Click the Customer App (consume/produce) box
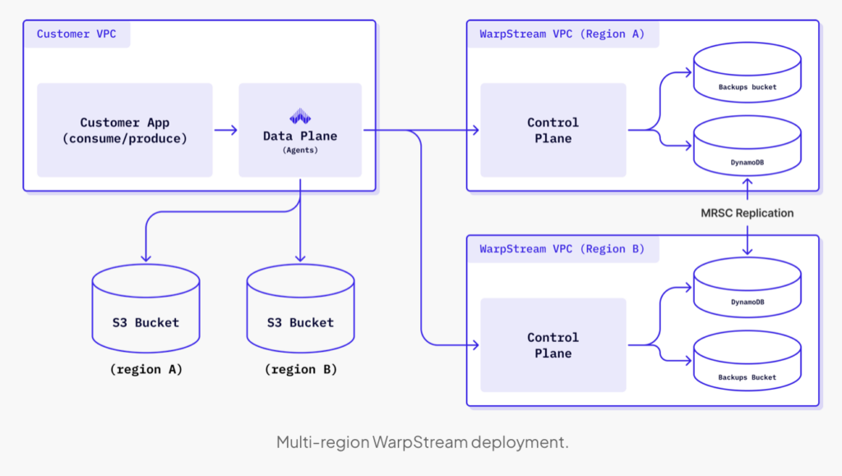[x=124, y=130]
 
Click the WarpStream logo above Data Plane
[x=300, y=117]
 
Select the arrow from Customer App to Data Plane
[x=225, y=130]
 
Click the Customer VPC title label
[x=76, y=34]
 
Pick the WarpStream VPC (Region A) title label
[x=562, y=34]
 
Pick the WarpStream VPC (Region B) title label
[x=562, y=248]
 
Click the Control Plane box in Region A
[x=553, y=130]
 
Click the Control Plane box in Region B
[x=553, y=345]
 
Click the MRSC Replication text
[x=747, y=213]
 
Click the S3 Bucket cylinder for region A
[x=146, y=312]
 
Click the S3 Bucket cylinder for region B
[x=300, y=312]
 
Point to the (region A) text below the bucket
[x=146, y=370]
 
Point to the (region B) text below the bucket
[x=300, y=370]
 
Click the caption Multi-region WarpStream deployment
[x=422, y=442]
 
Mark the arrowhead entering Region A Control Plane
[x=474, y=130]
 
